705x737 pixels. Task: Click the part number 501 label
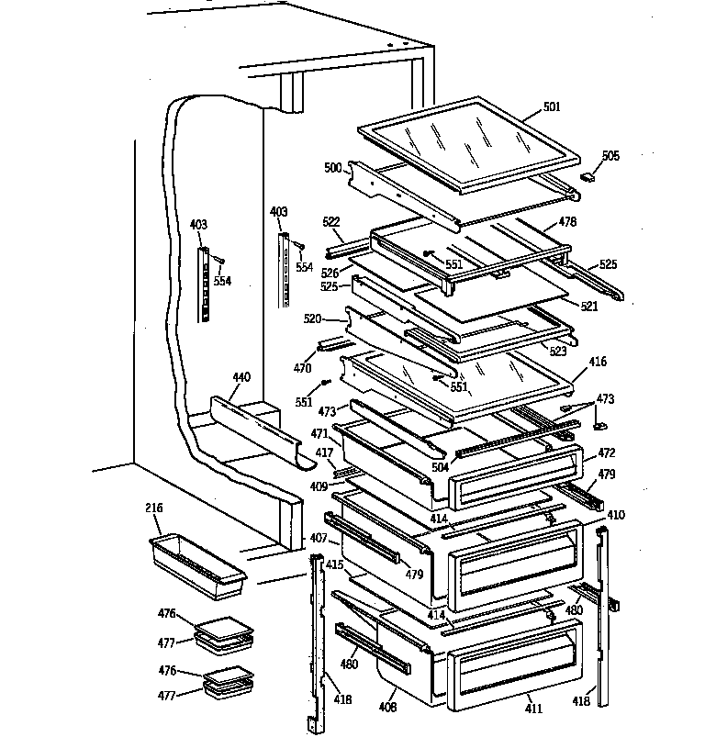551,106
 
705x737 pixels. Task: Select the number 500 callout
332,169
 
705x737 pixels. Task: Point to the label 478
567,222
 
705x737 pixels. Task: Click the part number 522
331,223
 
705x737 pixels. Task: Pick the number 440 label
241,377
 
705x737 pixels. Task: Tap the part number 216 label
153,508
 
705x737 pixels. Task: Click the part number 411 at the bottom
533,709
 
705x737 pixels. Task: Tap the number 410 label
615,515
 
